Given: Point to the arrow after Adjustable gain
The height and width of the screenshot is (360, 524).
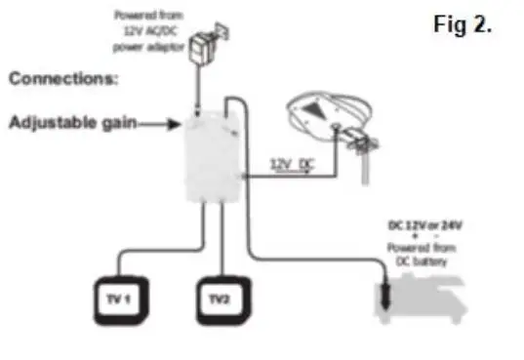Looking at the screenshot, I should (156, 123).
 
